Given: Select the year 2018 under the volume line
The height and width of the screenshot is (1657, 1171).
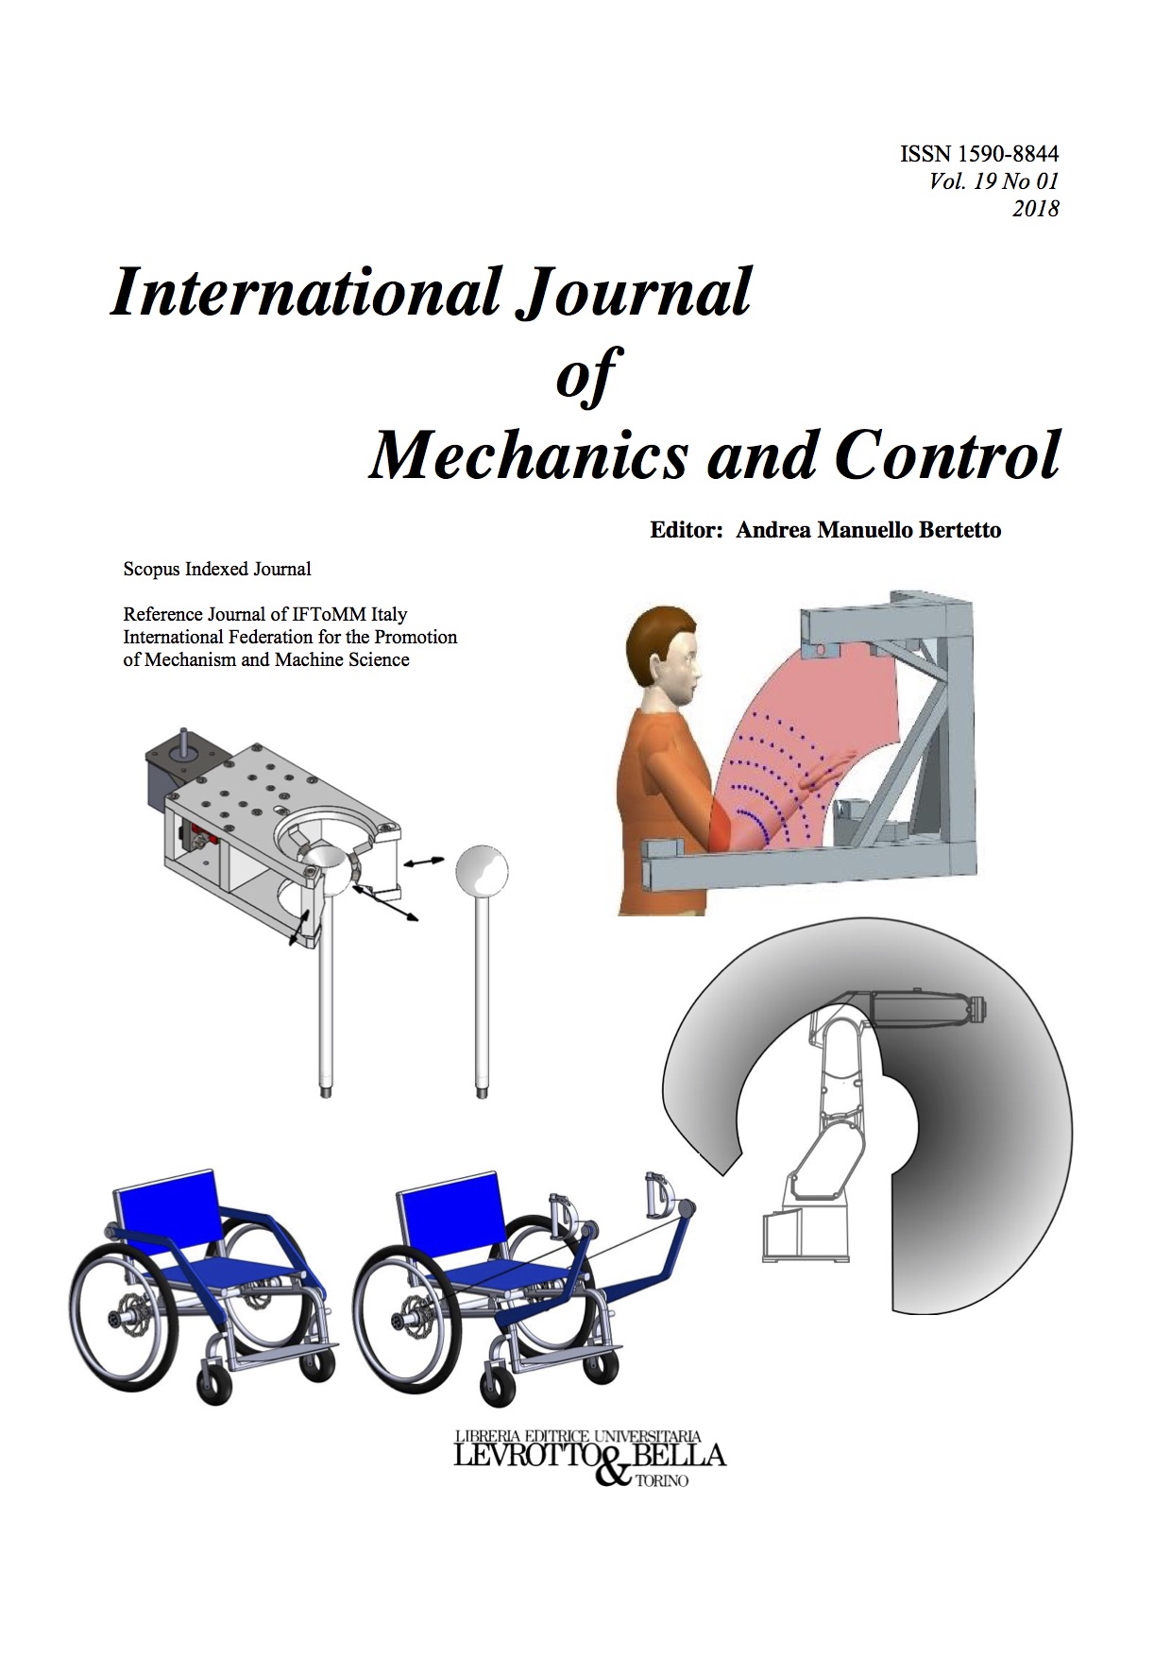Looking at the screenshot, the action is pyautogui.click(x=1035, y=209).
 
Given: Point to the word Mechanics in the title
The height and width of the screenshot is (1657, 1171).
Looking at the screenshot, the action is pyautogui.click(x=529, y=455).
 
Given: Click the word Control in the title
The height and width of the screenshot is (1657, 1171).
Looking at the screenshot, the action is pyautogui.click(x=948, y=455).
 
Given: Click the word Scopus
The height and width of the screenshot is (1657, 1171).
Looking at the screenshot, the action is pyautogui.click(x=152, y=570).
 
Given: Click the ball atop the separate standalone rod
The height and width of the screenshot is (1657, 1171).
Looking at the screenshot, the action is pyautogui.click(x=482, y=870).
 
